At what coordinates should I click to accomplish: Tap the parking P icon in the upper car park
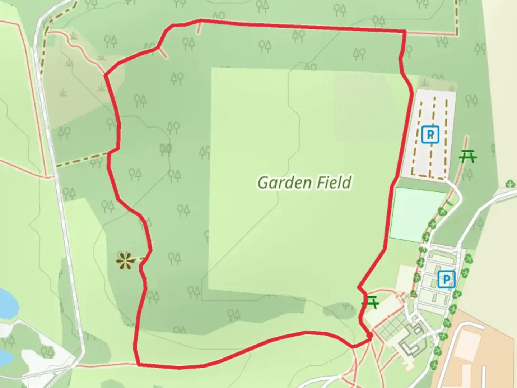(430, 135)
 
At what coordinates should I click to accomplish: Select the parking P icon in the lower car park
(446, 279)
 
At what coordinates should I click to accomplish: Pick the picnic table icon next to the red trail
(371, 302)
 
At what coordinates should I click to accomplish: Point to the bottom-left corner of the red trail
(138, 364)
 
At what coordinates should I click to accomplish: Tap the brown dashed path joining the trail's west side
(83, 160)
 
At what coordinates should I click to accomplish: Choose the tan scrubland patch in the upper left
(79, 86)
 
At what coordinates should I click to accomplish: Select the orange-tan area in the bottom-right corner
(481, 352)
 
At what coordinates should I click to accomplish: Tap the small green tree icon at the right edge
(510, 184)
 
